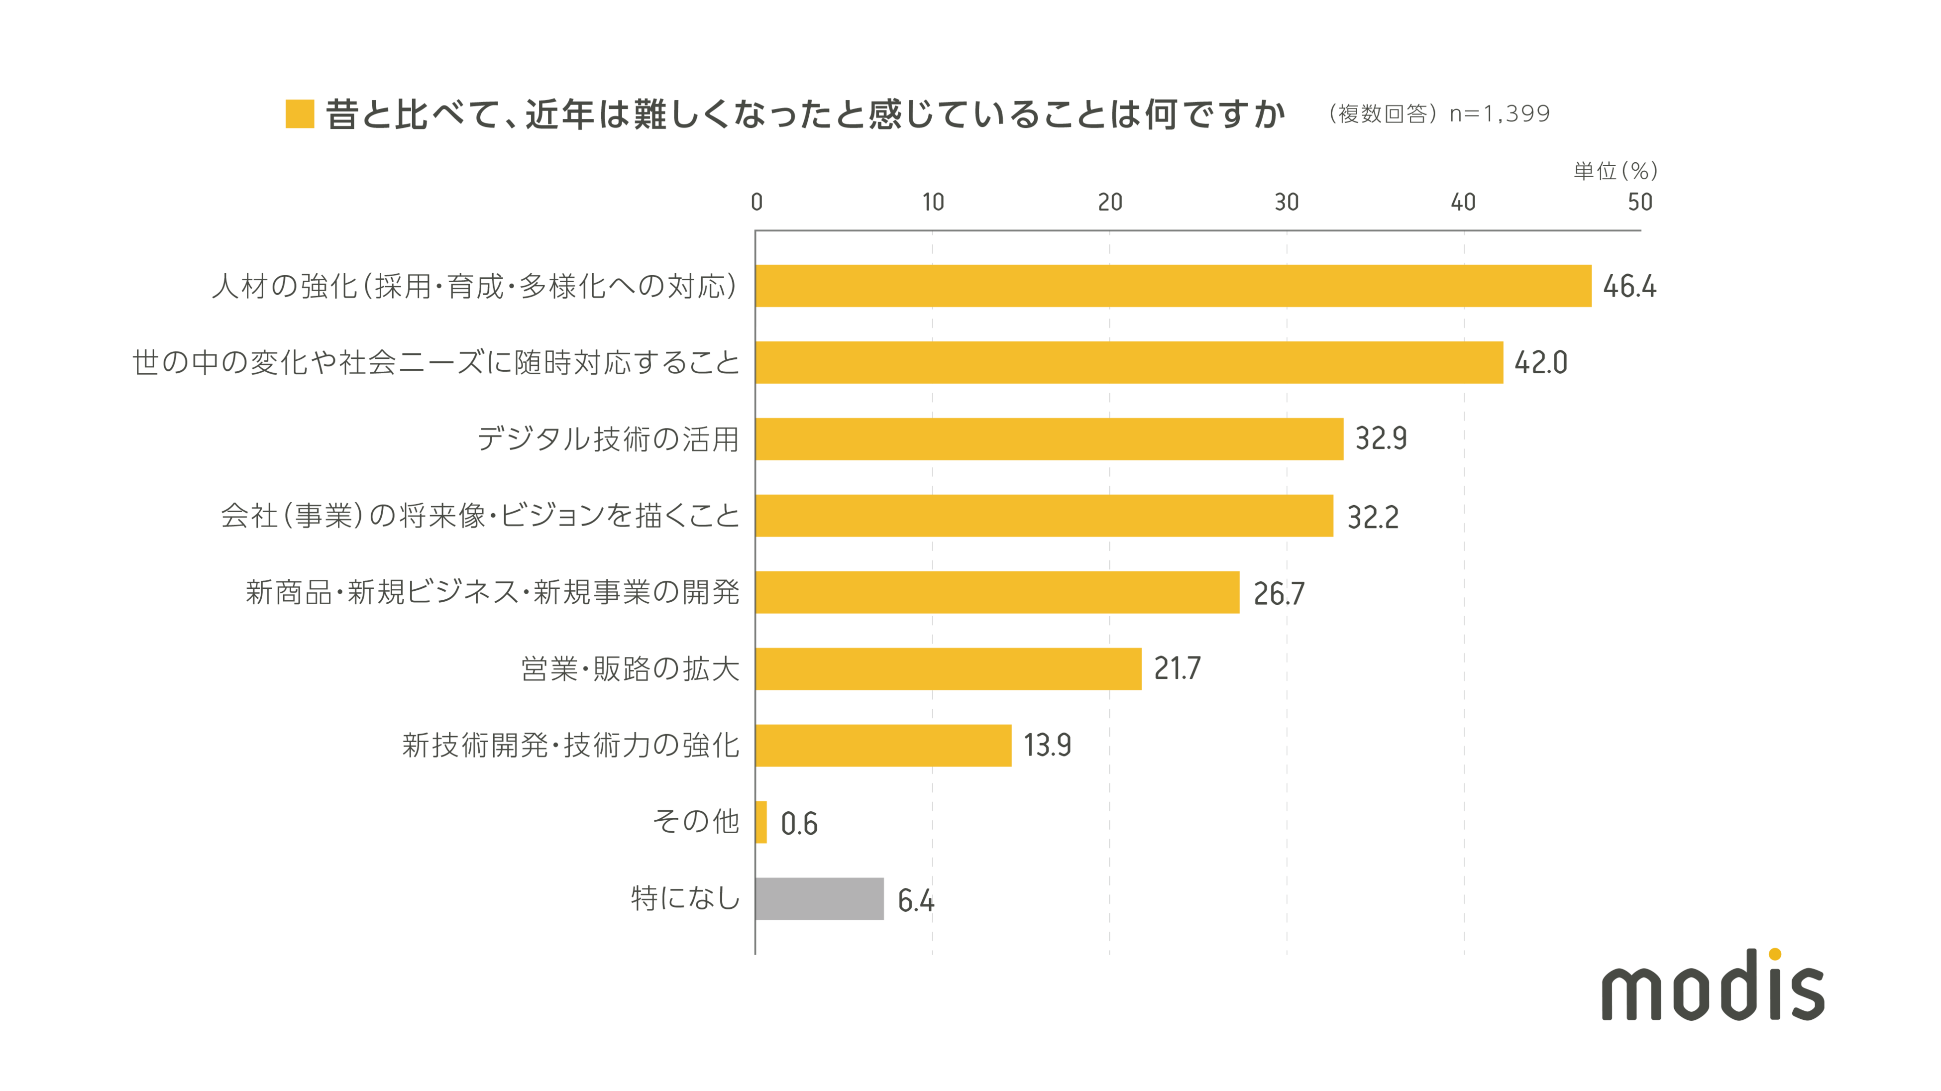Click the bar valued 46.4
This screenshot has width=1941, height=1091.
pos(1173,286)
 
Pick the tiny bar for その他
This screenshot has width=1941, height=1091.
pos(761,822)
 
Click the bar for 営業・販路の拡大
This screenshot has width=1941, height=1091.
pos(948,668)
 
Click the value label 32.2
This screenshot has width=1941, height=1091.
pos(1372,517)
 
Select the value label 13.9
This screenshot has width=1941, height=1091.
pos(1047,745)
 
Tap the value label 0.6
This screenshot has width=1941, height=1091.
pos(799,824)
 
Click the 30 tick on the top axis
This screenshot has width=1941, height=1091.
pos(1286,202)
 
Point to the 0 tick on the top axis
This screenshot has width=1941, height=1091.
pos(756,202)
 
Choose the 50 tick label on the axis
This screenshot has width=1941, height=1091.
pos(1639,202)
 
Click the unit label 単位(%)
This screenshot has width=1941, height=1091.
pos(1615,171)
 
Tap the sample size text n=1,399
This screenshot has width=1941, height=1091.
pos(1500,114)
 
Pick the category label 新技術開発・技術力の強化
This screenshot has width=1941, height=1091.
pos(570,745)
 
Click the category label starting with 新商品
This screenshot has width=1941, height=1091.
pos(492,592)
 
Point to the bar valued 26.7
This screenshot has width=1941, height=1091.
pos(997,592)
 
